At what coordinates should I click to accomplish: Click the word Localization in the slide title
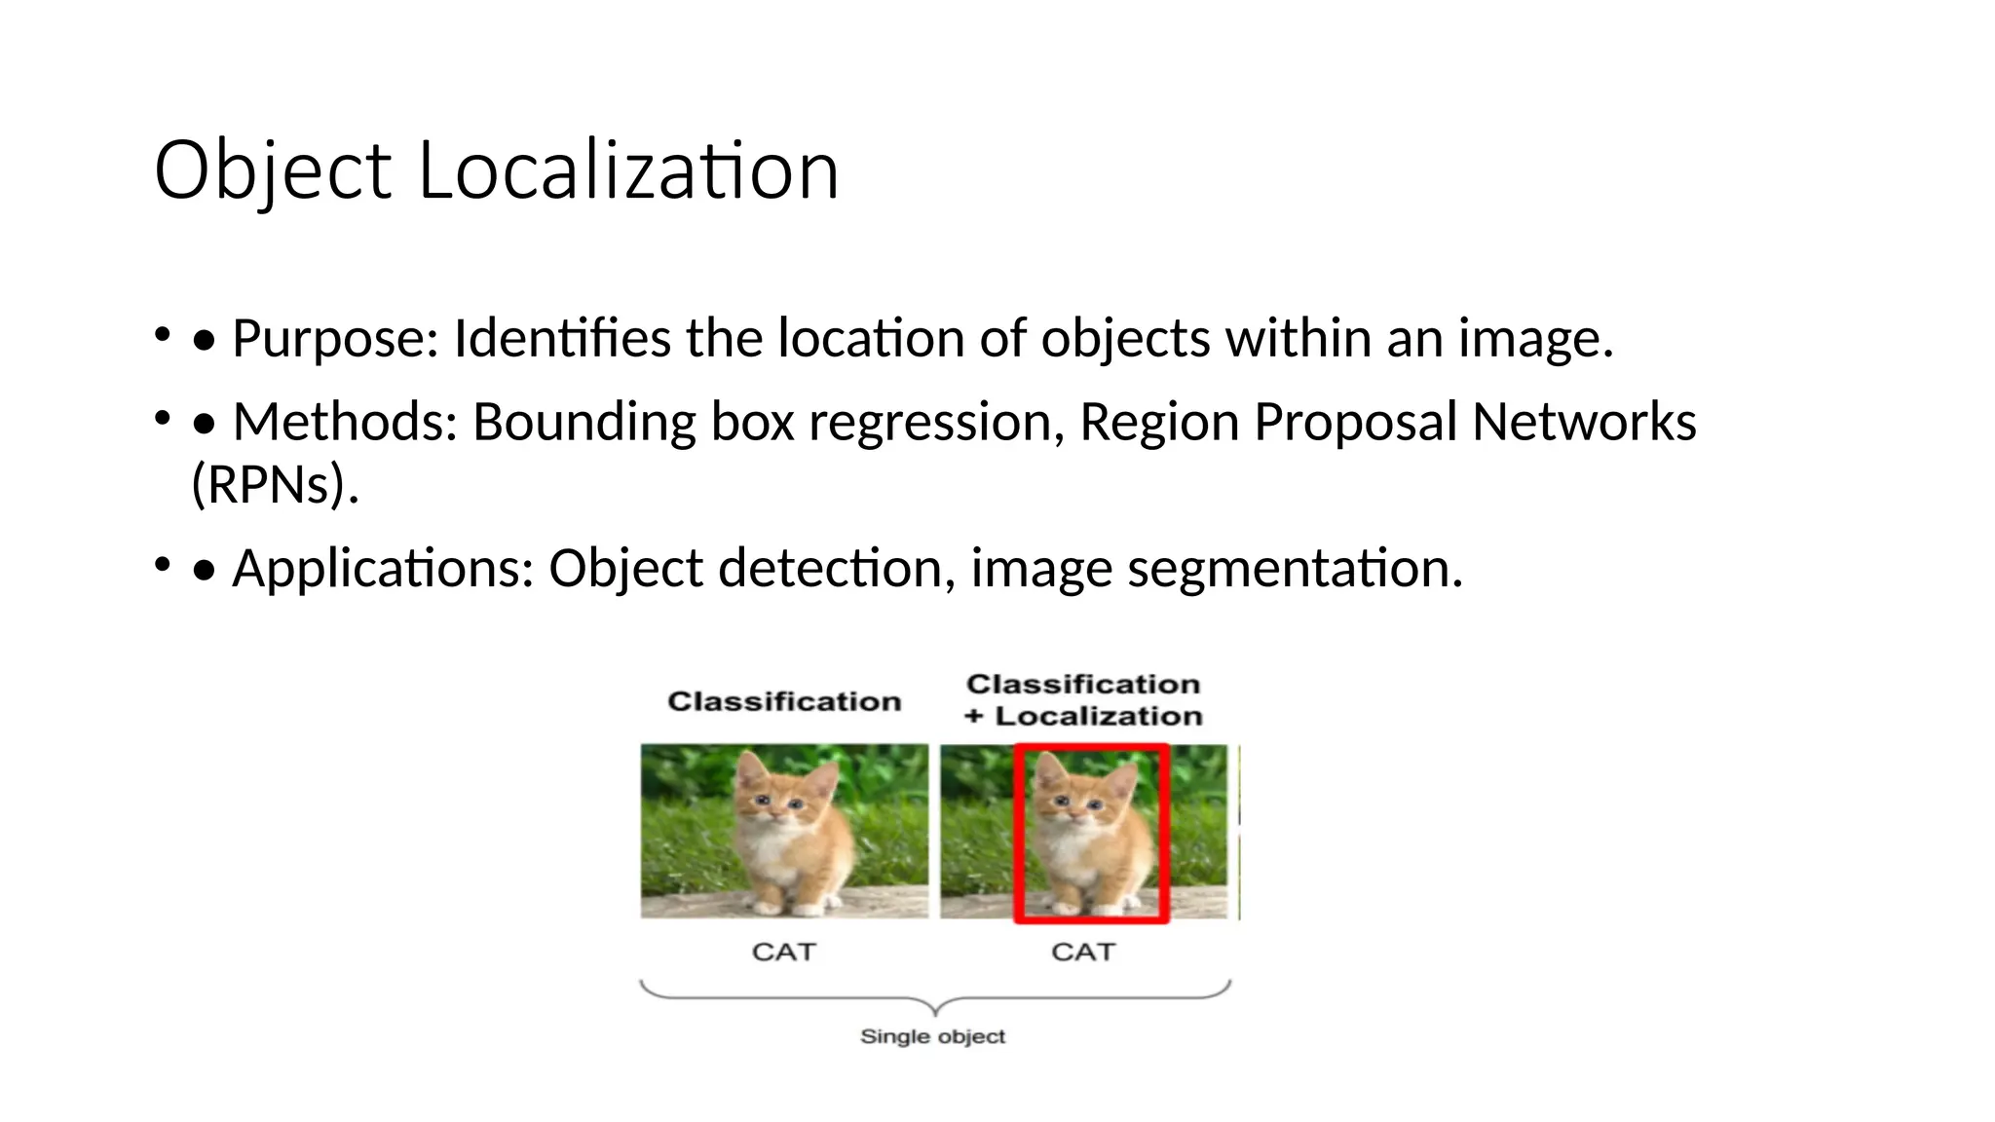628,171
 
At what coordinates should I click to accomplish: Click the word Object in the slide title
273,171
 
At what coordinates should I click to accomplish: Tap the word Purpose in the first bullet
335,340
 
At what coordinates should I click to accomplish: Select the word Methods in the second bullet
345,423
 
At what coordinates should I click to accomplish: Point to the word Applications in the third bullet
383,569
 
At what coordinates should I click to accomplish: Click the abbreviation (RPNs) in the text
275,484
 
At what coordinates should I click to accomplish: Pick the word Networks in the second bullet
1584,423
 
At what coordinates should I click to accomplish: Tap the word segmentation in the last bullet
1295,569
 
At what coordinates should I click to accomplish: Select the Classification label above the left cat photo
784,701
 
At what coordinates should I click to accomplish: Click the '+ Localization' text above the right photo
1083,716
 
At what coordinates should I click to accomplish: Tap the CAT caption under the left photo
783,952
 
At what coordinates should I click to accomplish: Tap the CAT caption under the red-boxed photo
1083,952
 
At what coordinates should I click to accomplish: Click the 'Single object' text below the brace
932,1036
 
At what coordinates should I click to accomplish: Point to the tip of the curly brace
935,1013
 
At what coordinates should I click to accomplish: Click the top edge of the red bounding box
1091,748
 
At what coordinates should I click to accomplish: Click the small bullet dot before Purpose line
162,335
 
